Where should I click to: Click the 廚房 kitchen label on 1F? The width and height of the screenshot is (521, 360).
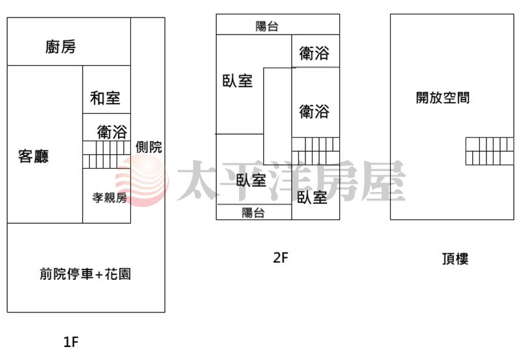(61, 46)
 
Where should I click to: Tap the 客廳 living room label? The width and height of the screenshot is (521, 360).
(34, 156)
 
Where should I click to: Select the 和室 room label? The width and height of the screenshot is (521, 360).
(105, 98)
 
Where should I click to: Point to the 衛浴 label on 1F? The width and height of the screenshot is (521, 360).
(112, 132)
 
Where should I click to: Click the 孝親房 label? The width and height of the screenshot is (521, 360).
(109, 198)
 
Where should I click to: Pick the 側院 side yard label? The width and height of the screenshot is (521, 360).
(149, 147)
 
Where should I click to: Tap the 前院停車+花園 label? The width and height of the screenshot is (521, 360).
(85, 274)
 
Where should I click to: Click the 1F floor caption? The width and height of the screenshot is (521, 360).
(71, 342)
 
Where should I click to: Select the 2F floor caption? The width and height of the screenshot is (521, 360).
(281, 257)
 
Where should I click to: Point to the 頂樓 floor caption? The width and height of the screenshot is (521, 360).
(455, 258)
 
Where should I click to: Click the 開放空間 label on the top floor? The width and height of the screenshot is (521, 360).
(443, 98)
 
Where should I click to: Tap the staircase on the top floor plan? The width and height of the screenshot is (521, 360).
(490, 151)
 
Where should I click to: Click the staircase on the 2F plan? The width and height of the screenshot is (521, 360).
(316, 151)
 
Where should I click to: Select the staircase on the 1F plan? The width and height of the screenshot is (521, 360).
(106, 154)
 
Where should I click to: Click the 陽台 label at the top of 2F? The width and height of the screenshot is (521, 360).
(267, 26)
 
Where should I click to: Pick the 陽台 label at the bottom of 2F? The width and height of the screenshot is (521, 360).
(253, 213)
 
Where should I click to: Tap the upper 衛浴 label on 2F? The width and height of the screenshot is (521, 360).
(315, 53)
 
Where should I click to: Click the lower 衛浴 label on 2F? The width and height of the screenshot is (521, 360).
(315, 111)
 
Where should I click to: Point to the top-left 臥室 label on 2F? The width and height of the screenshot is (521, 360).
(238, 81)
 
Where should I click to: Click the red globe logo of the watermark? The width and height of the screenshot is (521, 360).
(142, 180)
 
